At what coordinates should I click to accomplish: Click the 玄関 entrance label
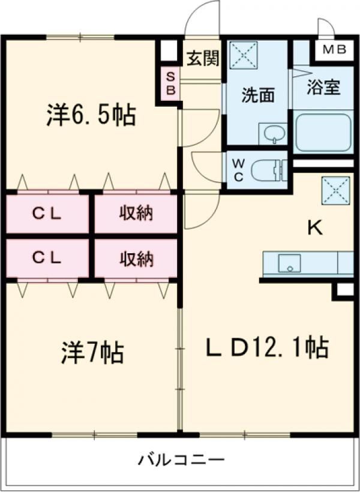[x=202, y=59]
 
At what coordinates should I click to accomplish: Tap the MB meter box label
[x=333, y=50]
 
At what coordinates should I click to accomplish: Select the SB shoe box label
[x=170, y=84]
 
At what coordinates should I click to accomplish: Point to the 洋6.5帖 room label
[x=91, y=115]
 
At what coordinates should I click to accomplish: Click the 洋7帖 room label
[x=92, y=352]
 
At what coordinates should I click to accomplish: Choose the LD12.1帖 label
[x=267, y=346]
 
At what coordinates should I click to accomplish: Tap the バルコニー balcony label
[x=181, y=461]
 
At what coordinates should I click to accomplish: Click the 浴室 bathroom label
[x=323, y=88]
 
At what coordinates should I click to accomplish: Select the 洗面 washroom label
[x=258, y=95]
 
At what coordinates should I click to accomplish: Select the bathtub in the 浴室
[x=323, y=132]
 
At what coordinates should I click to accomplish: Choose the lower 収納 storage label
[x=136, y=259]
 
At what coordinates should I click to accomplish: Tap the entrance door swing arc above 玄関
[x=201, y=18]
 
